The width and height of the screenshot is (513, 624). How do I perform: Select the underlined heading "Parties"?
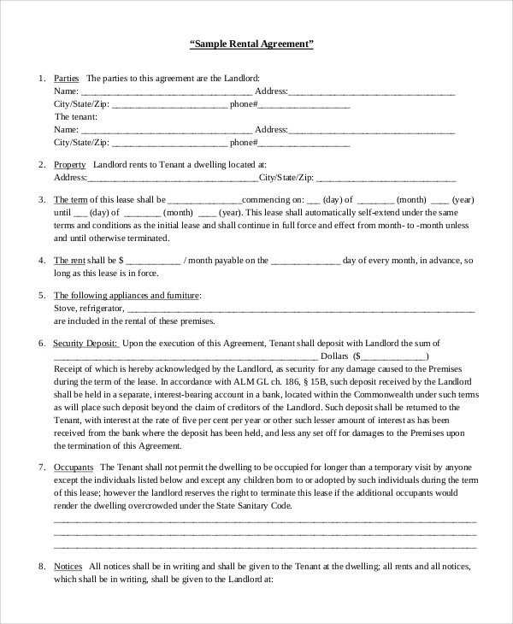(67, 78)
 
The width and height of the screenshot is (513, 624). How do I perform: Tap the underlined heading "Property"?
(69, 164)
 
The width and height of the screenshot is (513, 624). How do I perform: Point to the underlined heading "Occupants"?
(73, 468)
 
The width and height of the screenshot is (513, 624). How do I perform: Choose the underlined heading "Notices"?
(68, 566)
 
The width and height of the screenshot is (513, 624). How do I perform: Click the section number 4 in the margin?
(42, 260)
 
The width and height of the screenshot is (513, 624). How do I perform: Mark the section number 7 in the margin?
(42, 468)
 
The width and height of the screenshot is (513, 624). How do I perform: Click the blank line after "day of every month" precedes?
(306, 260)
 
